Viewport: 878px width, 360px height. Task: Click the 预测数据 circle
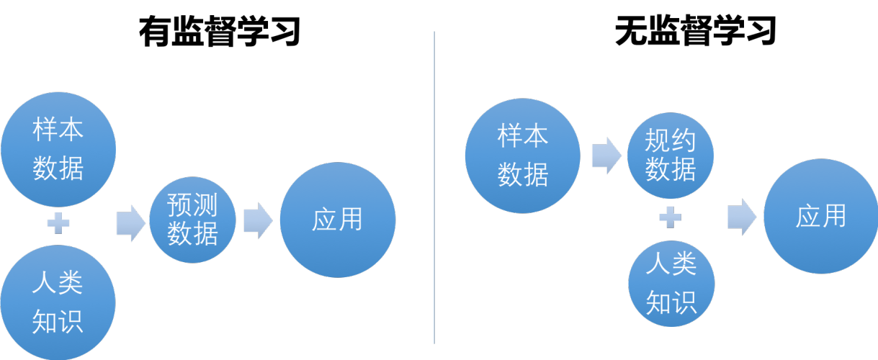click(x=193, y=220)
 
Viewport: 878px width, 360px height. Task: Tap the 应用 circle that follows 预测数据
click(x=337, y=220)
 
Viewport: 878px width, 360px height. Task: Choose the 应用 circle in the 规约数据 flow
click(x=820, y=216)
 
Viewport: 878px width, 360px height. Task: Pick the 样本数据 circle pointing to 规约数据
click(x=522, y=156)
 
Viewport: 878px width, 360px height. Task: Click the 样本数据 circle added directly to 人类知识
click(x=58, y=150)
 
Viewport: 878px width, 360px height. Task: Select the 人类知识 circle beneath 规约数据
click(x=671, y=284)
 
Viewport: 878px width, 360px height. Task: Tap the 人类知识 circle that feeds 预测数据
click(x=58, y=302)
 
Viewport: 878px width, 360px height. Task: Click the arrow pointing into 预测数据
click(x=130, y=222)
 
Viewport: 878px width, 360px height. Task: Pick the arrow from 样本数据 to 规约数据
click(x=606, y=155)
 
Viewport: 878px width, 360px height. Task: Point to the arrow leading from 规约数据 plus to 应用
click(x=741, y=217)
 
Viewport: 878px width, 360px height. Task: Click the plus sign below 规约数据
click(x=671, y=217)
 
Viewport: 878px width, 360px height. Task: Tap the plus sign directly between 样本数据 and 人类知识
click(x=58, y=223)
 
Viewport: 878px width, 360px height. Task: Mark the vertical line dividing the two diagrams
click(x=434, y=187)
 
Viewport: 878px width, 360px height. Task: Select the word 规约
click(x=671, y=140)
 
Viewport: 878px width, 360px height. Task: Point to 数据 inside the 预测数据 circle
click(x=192, y=234)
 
